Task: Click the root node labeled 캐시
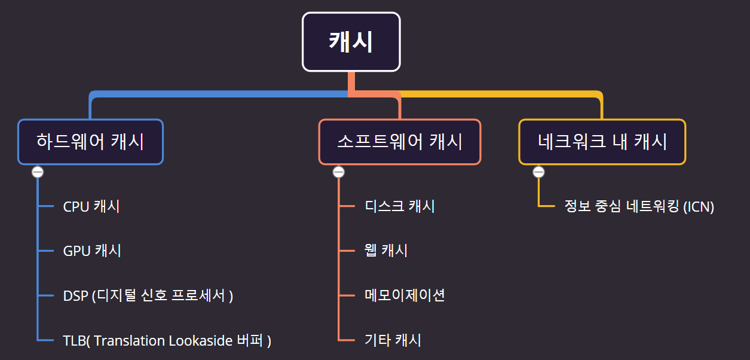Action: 351,42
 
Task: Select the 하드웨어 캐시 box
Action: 90,142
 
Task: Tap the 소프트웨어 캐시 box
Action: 399,142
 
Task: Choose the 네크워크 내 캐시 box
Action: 602,142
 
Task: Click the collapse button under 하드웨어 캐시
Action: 38,172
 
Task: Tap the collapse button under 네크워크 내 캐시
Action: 538,172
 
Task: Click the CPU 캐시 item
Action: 91,206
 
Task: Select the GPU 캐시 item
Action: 92,251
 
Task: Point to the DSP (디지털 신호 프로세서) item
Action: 148,295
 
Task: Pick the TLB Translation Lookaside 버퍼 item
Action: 167,341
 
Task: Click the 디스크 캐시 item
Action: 400,206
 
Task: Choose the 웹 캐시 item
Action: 386,251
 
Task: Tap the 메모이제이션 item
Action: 405,295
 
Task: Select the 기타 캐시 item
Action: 393,341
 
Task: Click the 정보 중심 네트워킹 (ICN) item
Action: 639,207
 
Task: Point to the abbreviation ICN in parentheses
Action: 699,207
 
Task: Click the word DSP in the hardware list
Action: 76,295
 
